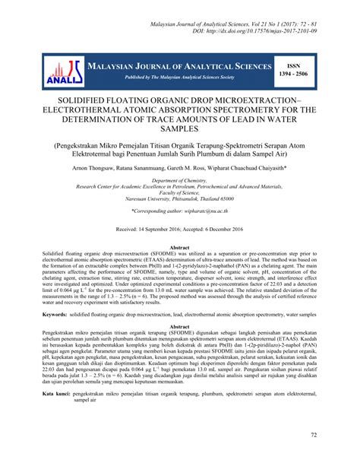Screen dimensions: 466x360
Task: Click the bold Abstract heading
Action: [179, 248]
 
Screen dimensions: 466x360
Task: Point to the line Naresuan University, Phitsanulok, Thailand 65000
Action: [180, 199]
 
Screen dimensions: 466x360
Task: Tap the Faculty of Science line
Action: [179, 193]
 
